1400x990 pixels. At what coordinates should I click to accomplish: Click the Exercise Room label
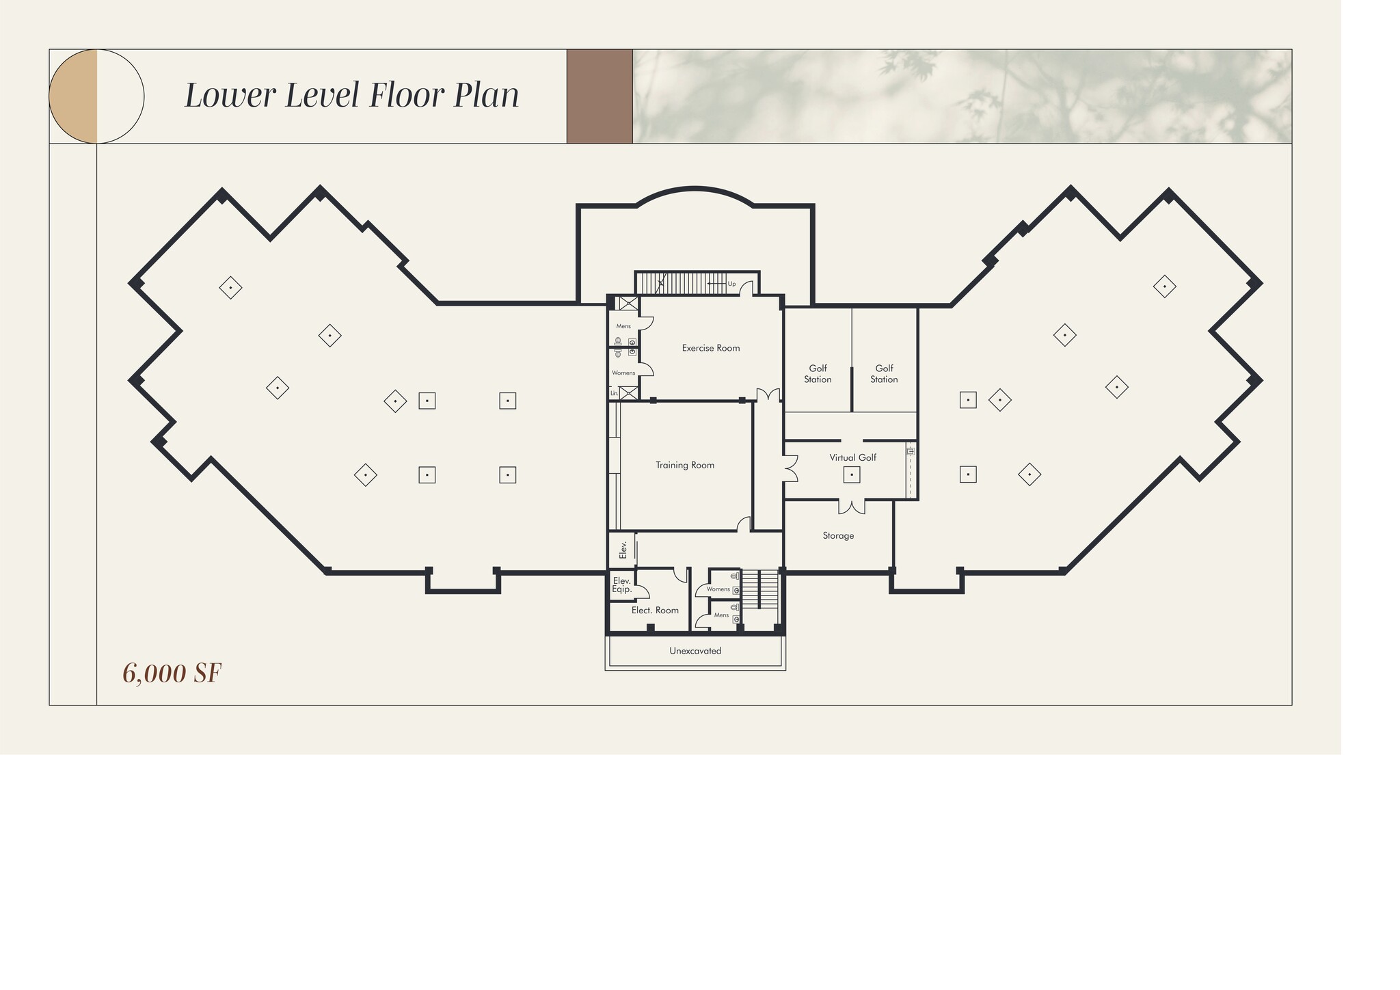click(x=710, y=348)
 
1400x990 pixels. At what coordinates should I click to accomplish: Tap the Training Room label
click(x=684, y=465)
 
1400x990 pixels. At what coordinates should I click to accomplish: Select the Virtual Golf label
click(x=852, y=457)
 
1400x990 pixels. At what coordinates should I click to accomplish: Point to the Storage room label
click(x=838, y=535)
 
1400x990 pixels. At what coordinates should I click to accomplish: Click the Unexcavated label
click(x=695, y=651)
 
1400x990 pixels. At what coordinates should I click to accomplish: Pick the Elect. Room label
click(x=655, y=610)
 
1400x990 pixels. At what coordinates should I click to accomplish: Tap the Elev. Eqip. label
click(x=621, y=585)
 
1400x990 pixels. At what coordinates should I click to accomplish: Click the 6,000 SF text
click(x=172, y=673)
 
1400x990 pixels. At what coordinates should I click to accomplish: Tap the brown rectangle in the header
click(x=600, y=96)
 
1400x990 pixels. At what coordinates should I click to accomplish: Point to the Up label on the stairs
click(x=731, y=284)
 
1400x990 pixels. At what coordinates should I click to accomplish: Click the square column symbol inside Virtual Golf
click(x=851, y=474)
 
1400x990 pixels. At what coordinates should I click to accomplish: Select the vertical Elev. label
click(x=623, y=550)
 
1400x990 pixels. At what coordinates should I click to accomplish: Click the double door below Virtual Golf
click(x=852, y=507)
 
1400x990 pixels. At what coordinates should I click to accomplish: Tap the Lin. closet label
click(x=614, y=393)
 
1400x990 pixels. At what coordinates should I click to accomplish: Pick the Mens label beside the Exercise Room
click(x=623, y=326)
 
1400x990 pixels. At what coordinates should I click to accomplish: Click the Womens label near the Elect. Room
click(x=718, y=589)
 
